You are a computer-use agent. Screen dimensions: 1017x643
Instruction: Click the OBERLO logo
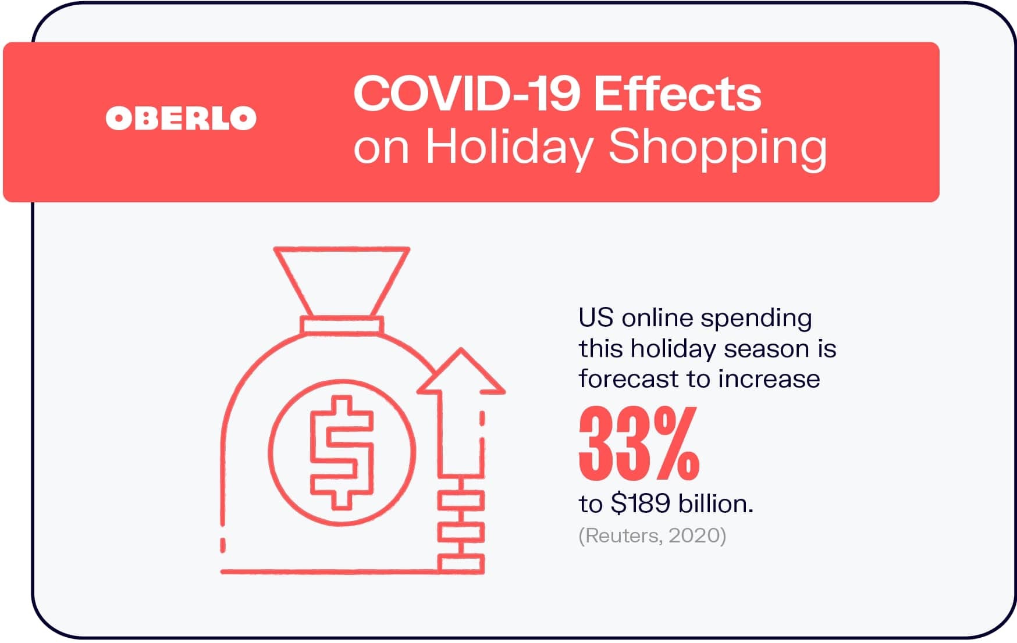(181, 118)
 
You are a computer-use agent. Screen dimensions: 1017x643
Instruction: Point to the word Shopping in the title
(717, 148)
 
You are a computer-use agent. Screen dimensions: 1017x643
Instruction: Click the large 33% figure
(639, 443)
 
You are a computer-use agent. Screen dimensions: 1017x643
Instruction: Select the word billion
(716, 503)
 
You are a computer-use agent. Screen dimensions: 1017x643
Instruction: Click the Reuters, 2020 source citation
(652, 535)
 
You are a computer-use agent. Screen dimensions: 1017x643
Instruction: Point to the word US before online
(596, 318)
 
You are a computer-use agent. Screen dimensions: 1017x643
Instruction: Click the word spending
(756, 319)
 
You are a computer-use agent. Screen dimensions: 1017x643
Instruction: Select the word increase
(769, 380)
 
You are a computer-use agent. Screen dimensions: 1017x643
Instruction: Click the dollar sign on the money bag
(342, 452)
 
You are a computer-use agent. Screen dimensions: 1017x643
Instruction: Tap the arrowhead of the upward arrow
(461, 371)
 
